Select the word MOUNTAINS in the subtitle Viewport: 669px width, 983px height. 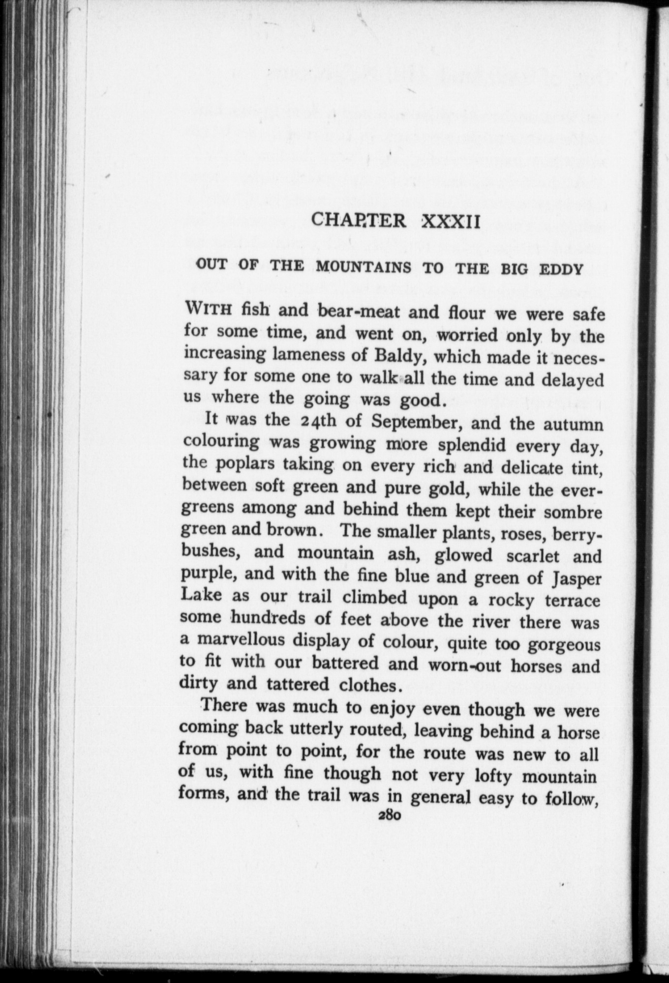tap(364, 268)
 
